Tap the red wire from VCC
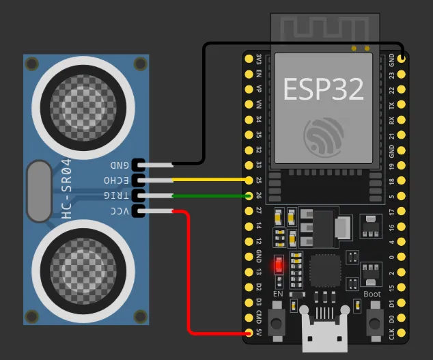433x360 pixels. pos(188,273)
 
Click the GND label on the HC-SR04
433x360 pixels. pos(120,165)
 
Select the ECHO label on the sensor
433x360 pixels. pos(117,180)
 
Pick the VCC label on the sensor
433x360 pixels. pos(120,212)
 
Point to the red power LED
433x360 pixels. pos(278,264)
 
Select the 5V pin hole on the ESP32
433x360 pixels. pos(249,333)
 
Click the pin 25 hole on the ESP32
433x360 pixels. pos(249,180)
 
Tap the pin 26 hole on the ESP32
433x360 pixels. pos(249,196)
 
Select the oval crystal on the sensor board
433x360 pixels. pos(40,191)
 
